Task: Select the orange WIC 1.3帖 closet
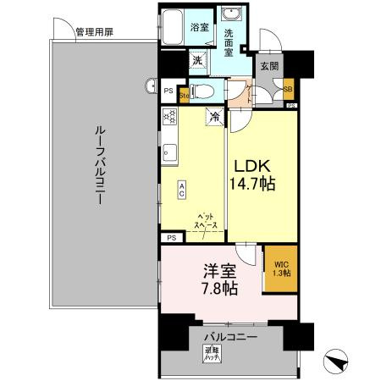[281, 269]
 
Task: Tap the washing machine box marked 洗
[196, 61]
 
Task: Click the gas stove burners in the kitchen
[168, 119]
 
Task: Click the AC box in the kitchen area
[181, 190]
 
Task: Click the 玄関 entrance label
[268, 65]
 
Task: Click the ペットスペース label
[207, 221]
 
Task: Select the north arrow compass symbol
[339, 360]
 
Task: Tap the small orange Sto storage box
[183, 96]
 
